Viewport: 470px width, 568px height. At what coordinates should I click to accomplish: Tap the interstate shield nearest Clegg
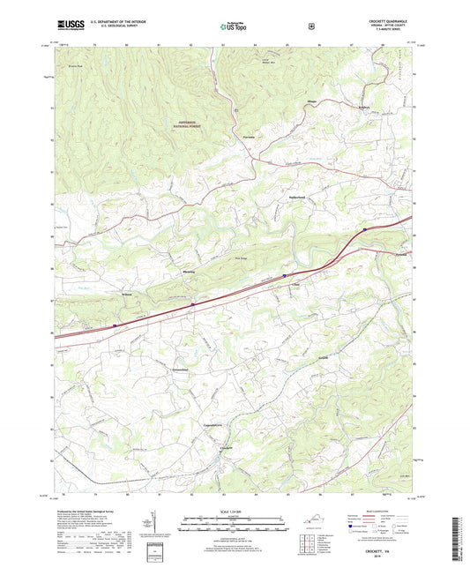(285, 275)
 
